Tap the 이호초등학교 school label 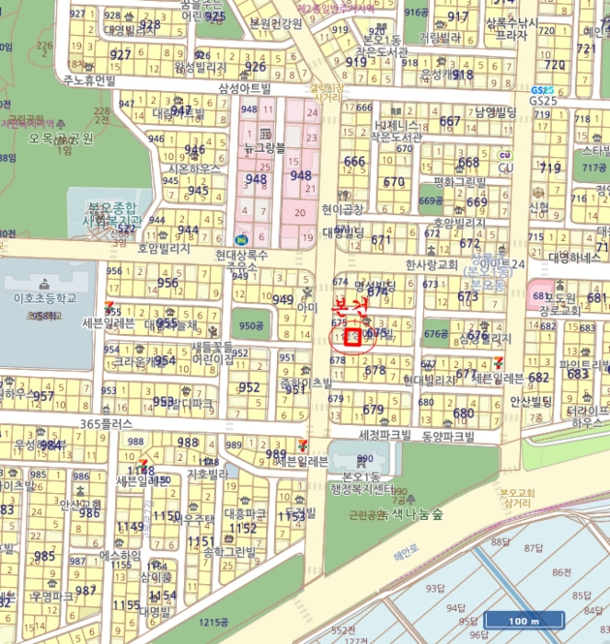click(x=38, y=299)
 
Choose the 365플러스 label click(x=107, y=423)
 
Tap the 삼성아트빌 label click(x=245, y=88)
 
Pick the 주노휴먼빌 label click(x=90, y=80)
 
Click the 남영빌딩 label click(x=497, y=112)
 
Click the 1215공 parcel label click(x=218, y=623)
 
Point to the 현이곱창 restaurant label click(x=343, y=209)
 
